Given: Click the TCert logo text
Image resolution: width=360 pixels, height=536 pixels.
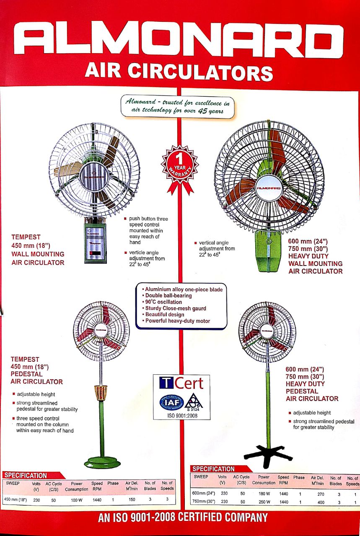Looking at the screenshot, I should (181, 383).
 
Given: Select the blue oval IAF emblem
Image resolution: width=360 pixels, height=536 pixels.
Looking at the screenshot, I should (171, 402).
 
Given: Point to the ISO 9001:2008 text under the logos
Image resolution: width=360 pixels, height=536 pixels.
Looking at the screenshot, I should (181, 416).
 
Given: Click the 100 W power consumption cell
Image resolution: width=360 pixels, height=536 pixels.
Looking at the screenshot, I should (76, 500).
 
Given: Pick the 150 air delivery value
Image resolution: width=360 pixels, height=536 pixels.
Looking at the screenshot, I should (132, 500).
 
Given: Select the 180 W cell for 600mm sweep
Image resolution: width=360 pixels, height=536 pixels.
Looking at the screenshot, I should (263, 494).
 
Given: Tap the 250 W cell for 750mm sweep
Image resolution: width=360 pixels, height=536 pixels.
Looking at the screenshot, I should (263, 502).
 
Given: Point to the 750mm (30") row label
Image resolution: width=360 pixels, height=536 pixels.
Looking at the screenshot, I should (204, 502).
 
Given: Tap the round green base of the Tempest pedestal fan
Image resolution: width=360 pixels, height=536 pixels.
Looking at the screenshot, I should (102, 462).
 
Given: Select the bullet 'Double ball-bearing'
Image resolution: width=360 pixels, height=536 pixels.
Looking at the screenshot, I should (168, 296).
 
